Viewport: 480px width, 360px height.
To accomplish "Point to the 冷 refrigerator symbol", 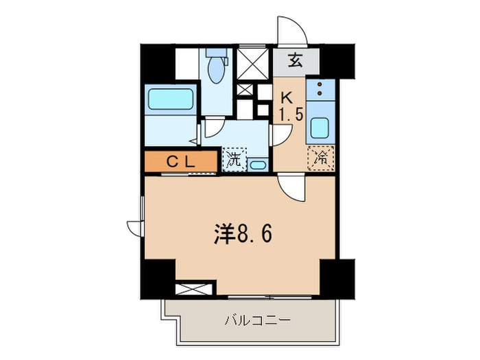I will pos(320,157).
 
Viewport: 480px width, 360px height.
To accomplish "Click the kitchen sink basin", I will pos(319,128).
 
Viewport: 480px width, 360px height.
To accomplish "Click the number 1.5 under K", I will pos(290,114).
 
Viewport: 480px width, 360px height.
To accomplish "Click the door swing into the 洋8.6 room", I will pos(291,187).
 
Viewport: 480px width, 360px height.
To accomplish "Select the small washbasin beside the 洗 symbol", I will pos(257,164).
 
